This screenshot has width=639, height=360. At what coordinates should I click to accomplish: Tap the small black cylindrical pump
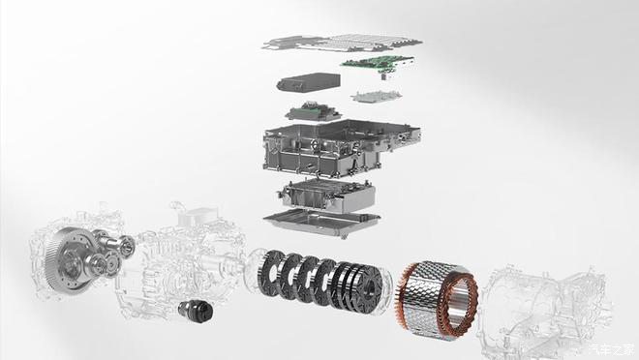coord(196,311)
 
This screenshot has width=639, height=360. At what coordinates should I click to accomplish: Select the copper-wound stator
coord(437,299)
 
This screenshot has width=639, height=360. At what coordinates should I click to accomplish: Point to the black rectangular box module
coord(309,82)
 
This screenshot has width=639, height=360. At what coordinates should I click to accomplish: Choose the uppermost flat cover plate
coord(342,43)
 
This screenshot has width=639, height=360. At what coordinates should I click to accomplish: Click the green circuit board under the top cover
coord(378,62)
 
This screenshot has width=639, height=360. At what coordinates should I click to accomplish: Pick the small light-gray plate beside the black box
coord(377,97)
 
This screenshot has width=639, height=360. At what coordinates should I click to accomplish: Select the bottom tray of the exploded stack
coord(322,223)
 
